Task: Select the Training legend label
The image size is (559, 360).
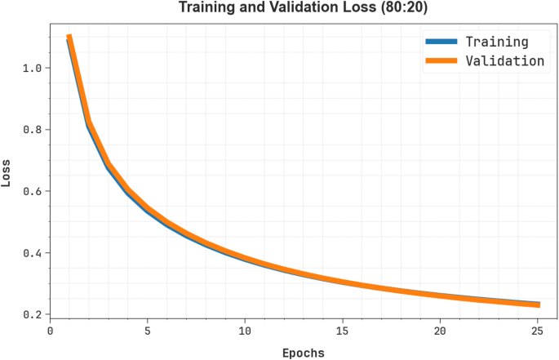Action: pyautogui.click(x=496, y=42)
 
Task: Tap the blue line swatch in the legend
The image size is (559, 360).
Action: pyautogui.click(x=441, y=42)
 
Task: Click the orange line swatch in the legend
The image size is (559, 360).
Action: pyautogui.click(x=441, y=60)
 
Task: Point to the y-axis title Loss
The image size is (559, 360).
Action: pyautogui.click(x=7, y=173)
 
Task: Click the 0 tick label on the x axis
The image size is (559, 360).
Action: pyautogui.click(x=50, y=331)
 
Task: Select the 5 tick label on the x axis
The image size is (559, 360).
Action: pyautogui.click(x=148, y=331)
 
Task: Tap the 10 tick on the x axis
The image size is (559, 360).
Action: pyautogui.click(x=245, y=331)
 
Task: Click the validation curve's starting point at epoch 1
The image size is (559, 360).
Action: pyautogui.click(x=69, y=36)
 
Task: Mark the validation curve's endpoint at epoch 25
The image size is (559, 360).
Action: pyautogui.click(x=538, y=304)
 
